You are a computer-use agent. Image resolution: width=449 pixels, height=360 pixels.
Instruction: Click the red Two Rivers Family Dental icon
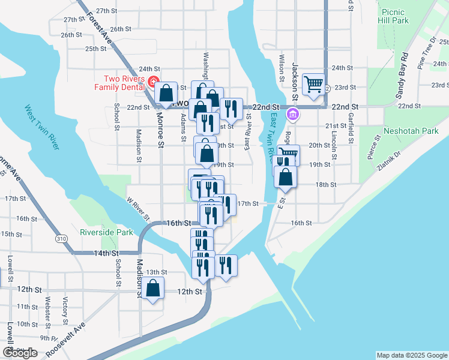coord(154,82)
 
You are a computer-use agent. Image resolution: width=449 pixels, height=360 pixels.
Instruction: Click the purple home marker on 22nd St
coord(292,113)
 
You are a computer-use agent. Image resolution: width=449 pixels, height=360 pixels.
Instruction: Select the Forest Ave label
coord(100,28)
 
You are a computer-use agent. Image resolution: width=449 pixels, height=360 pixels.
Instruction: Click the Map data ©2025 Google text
coord(411,355)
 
